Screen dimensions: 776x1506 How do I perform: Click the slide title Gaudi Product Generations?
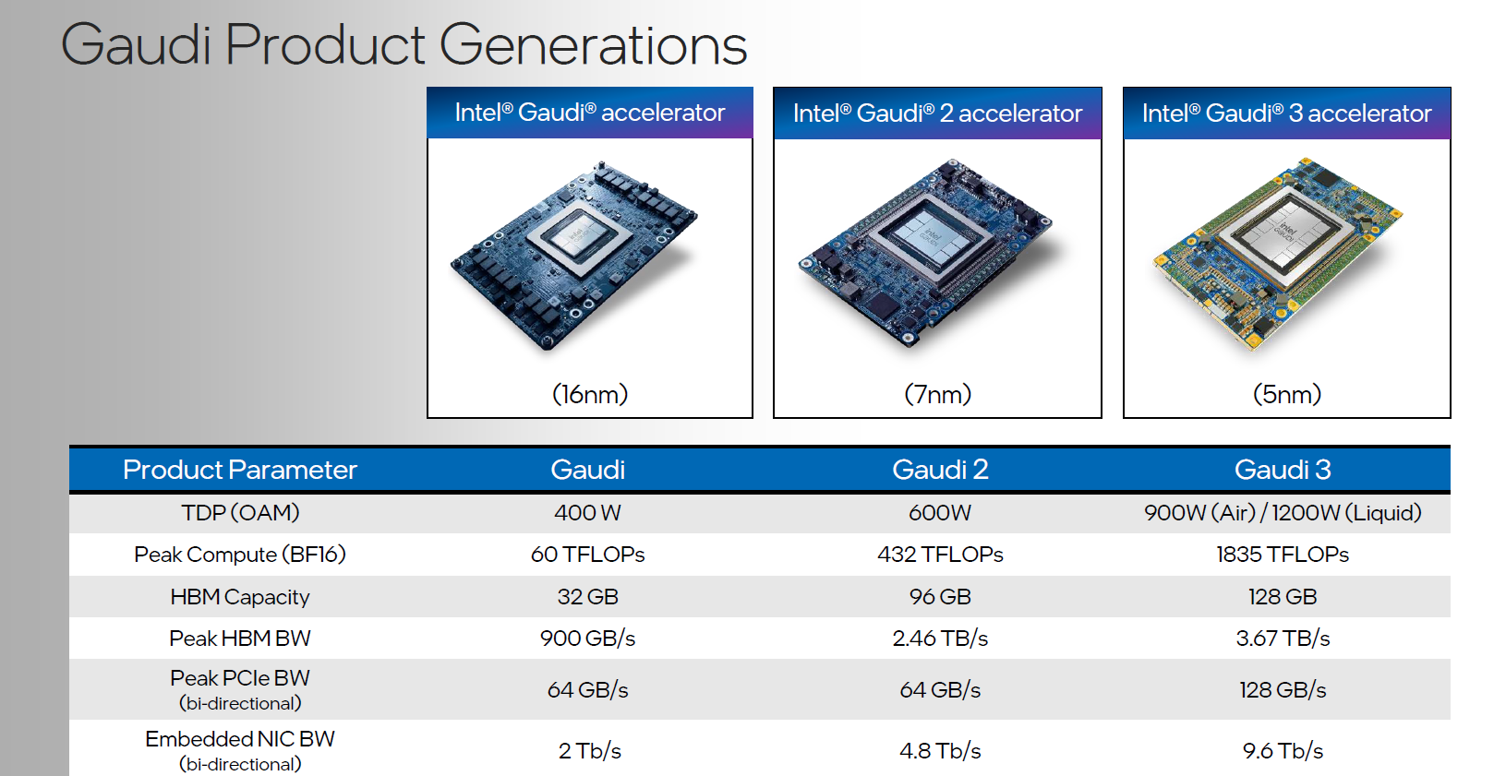pyautogui.click(x=404, y=44)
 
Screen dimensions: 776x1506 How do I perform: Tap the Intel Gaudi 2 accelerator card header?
pyautogui.click(x=937, y=113)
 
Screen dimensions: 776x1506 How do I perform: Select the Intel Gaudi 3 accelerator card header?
pyautogui.click(x=1286, y=113)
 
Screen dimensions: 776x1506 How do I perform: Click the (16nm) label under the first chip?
pyautogui.click(x=590, y=395)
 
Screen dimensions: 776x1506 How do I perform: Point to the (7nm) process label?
pyautogui.click(x=937, y=395)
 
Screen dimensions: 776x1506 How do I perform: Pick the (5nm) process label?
pyautogui.click(x=1286, y=395)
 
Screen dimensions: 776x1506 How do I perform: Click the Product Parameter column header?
pyautogui.click(x=240, y=470)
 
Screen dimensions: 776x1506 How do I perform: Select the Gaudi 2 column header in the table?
pyautogui.click(x=940, y=470)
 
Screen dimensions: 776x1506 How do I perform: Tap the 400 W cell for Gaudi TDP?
pyautogui.click(x=587, y=513)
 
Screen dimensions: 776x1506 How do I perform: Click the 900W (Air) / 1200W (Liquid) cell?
pyautogui.click(x=1283, y=513)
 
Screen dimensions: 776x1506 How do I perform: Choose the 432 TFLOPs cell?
pyautogui.click(x=940, y=555)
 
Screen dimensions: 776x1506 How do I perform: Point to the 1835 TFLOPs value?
pyautogui.click(x=1283, y=555)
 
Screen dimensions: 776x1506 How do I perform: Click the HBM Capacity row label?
pyautogui.click(x=240, y=597)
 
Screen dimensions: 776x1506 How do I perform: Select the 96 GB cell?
pyautogui.click(x=940, y=597)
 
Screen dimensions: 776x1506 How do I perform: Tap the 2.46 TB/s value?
pyautogui.click(x=940, y=639)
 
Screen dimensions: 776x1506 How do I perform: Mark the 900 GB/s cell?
pyautogui.click(x=587, y=639)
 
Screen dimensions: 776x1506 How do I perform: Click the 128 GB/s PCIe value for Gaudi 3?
pyautogui.click(x=1283, y=690)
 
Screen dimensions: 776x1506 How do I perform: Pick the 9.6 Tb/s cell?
pyautogui.click(x=1283, y=751)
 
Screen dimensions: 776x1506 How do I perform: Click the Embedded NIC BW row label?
pyautogui.click(x=240, y=740)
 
